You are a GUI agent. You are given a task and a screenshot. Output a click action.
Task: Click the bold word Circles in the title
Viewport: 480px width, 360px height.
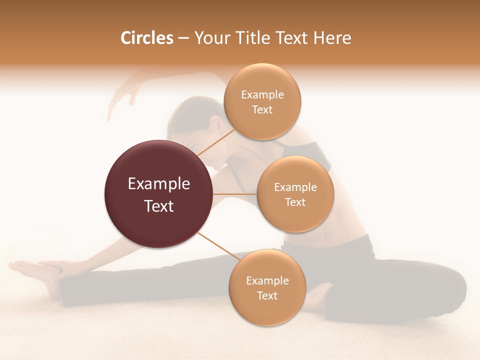(146, 38)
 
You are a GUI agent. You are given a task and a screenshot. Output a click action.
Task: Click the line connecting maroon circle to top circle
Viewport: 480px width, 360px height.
(216, 142)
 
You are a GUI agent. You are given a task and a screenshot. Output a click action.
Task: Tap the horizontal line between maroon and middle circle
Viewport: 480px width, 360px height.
(235, 194)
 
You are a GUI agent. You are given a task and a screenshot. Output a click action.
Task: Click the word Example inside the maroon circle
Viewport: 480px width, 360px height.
(159, 184)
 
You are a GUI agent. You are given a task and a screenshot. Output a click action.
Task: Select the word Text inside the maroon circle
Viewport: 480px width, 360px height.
(159, 205)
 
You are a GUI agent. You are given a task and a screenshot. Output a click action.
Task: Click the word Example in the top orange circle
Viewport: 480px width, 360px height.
(262, 94)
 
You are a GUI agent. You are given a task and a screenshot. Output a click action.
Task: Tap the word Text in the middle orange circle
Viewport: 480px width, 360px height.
(295, 202)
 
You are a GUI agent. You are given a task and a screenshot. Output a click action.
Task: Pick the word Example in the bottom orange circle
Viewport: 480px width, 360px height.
(267, 280)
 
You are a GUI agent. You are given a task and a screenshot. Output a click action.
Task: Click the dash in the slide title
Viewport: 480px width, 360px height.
(183, 38)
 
